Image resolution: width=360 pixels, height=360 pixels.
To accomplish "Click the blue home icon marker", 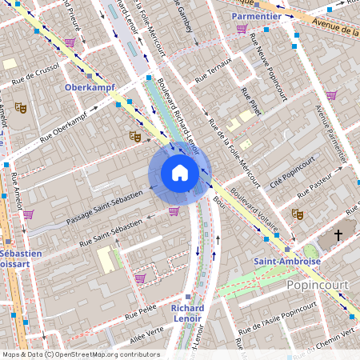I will tap(180, 172).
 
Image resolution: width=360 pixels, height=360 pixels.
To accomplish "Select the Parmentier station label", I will tap(255, 16).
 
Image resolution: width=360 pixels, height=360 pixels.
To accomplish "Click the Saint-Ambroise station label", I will tap(287, 261).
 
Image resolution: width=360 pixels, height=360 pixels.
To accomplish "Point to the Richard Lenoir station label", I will tap(187, 313).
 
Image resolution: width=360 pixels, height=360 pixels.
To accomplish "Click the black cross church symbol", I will tap(338, 235).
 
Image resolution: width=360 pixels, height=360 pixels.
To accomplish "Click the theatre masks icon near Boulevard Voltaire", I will tap(297, 214).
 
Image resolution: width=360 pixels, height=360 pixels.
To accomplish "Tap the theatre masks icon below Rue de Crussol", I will tap(21, 107).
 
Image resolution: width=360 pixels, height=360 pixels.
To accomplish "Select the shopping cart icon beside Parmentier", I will tap(242, 29).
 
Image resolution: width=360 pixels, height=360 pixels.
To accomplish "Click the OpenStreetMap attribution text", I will tap(80, 354).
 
